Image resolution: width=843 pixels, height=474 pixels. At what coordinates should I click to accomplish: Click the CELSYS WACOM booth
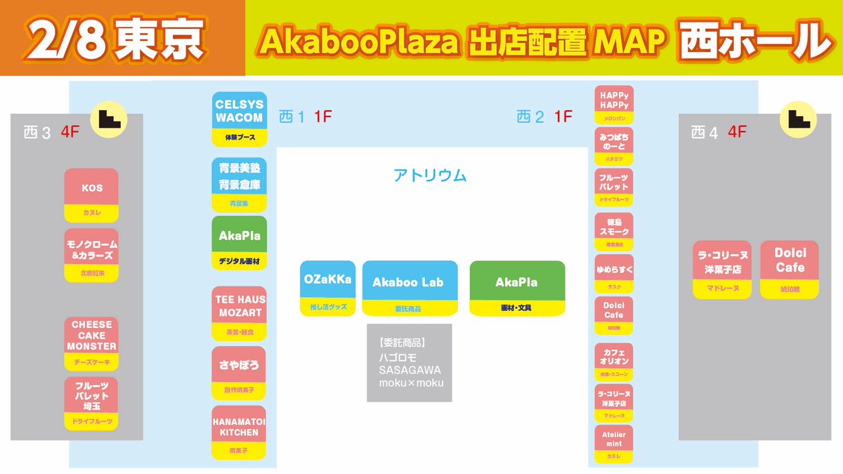click(x=239, y=117)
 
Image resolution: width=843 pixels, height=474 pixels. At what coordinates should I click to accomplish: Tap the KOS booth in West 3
click(x=91, y=195)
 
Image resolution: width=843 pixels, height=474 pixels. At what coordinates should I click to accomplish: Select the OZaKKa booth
click(x=328, y=287)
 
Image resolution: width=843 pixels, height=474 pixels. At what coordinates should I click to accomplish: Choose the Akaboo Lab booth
click(x=410, y=287)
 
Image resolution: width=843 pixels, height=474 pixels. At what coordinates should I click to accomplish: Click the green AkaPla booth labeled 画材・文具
click(x=516, y=287)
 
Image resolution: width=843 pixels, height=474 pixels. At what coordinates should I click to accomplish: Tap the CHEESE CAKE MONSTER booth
click(x=91, y=343)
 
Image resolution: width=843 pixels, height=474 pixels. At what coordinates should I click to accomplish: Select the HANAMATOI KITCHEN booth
click(x=239, y=432)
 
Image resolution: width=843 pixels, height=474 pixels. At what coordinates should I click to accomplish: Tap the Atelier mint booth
click(x=613, y=443)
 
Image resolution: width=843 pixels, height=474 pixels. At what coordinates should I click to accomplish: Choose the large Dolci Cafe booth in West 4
click(x=790, y=269)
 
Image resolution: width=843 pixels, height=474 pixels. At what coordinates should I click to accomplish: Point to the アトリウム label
click(x=430, y=176)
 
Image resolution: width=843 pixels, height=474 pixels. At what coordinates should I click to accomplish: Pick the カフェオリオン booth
click(x=613, y=360)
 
